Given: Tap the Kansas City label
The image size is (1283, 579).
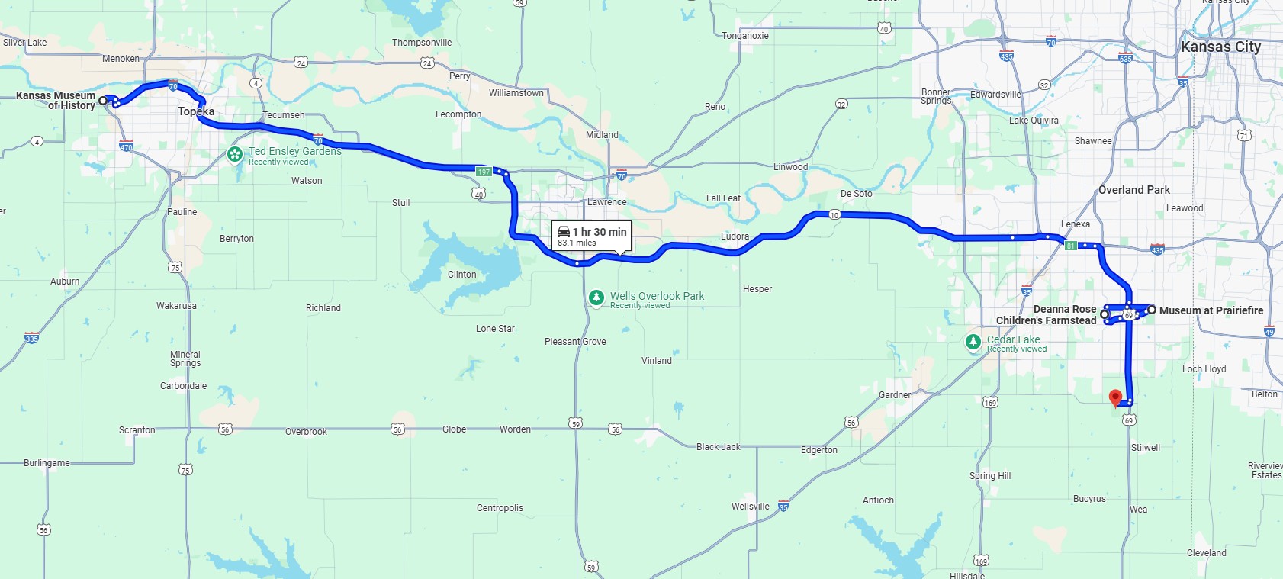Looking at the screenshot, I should (x=1220, y=47).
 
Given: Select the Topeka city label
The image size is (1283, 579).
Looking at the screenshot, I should (x=196, y=111).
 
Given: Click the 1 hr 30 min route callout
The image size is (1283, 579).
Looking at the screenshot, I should (x=592, y=236).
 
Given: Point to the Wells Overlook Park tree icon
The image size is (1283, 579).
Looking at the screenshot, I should (x=596, y=298).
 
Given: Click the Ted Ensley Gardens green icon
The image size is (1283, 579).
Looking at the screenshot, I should (x=235, y=155).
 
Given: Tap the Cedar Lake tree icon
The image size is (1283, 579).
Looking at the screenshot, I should (x=973, y=342).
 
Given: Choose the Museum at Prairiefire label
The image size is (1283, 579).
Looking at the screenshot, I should (x=1211, y=310).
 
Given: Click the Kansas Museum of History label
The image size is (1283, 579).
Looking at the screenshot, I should (x=56, y=101).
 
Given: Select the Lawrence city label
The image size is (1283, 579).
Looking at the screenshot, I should (x=607, y=202).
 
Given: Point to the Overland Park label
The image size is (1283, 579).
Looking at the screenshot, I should (x=1133, y=190).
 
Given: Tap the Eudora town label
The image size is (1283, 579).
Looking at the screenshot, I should (x=735, y=236).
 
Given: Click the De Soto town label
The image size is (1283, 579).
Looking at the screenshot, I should (x=856, y=194).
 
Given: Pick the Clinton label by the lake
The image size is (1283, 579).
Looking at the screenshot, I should (x=461, y=275).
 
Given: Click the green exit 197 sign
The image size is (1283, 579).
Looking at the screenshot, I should (x=484, y=172).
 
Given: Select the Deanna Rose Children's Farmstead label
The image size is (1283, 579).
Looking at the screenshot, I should (x=1047, y=315).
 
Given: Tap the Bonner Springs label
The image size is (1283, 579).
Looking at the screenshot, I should (x=936, y=96).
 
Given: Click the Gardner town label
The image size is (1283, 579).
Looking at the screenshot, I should (x=894, y=395).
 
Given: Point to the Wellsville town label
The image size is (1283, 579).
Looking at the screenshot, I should (x=750, y=507).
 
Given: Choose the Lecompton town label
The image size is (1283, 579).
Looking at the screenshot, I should (x=458, y=114).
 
